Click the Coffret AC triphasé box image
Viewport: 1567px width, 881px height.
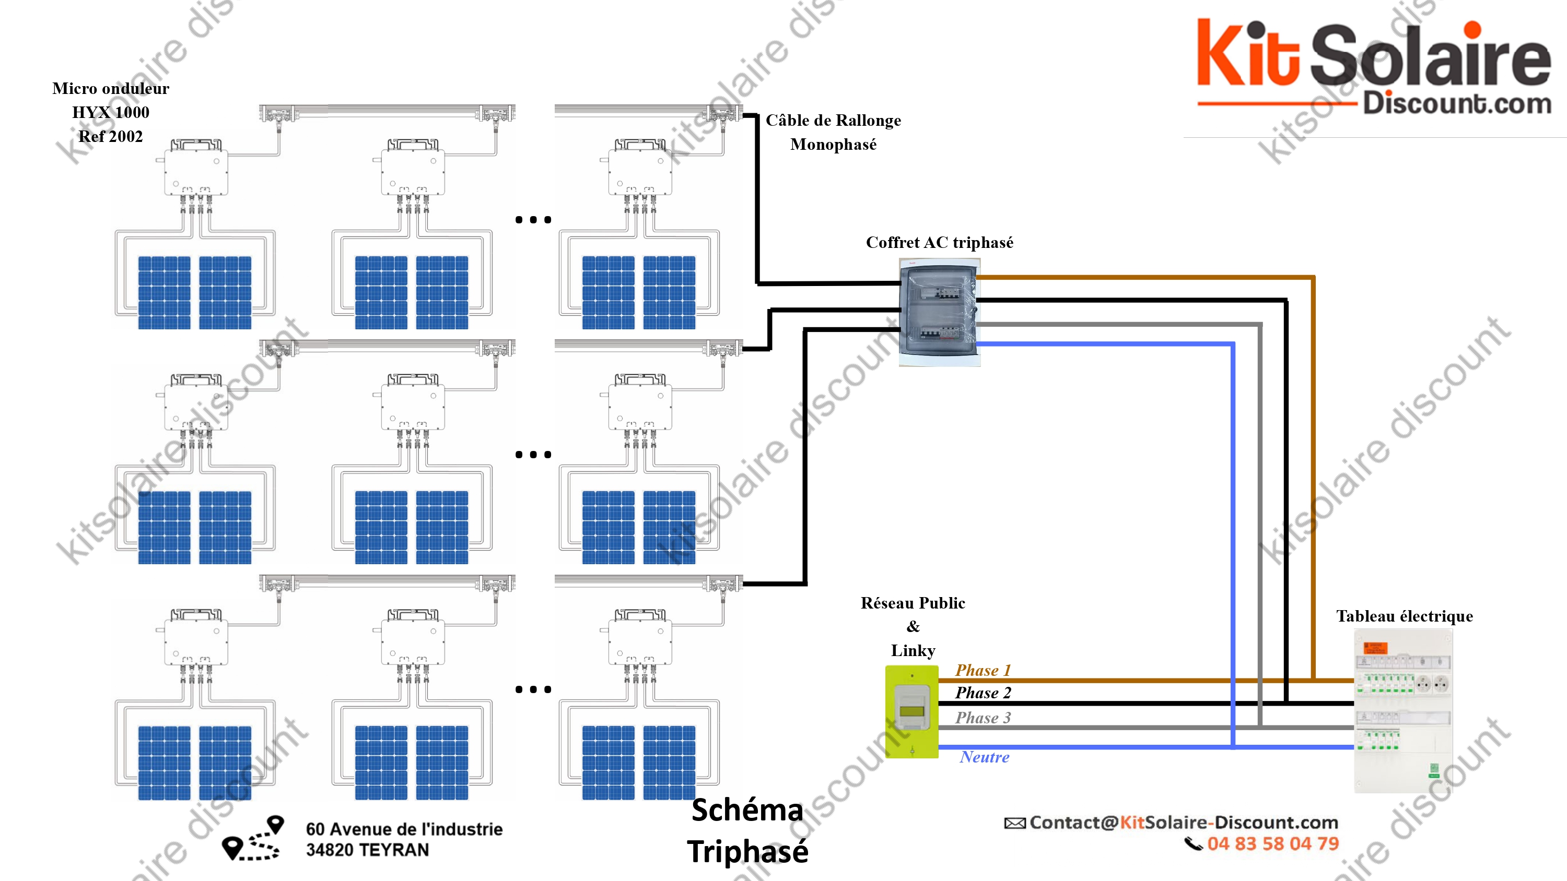pos(939,313)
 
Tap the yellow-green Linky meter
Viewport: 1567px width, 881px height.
pos(911,711)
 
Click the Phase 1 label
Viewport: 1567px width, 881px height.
pos(983,670)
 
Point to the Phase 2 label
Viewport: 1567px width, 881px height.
pos(983,693)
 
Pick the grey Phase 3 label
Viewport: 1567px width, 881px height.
pos(983,718)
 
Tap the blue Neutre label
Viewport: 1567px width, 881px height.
pos(984,757)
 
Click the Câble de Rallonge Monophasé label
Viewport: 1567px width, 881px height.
pos(833,132)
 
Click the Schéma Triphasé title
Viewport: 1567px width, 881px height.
pos(747,830)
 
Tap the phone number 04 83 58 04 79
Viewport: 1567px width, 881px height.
pos(1272,844)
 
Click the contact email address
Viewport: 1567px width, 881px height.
pos(1183,823)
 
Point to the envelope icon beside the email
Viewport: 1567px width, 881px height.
pos(1014,823)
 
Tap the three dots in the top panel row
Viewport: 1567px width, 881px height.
pos(533,220)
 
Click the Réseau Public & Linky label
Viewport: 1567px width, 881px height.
pos(913,626)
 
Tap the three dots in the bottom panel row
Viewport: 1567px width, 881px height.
pos(533,689)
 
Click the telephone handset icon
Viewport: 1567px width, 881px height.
pos(1193,844)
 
